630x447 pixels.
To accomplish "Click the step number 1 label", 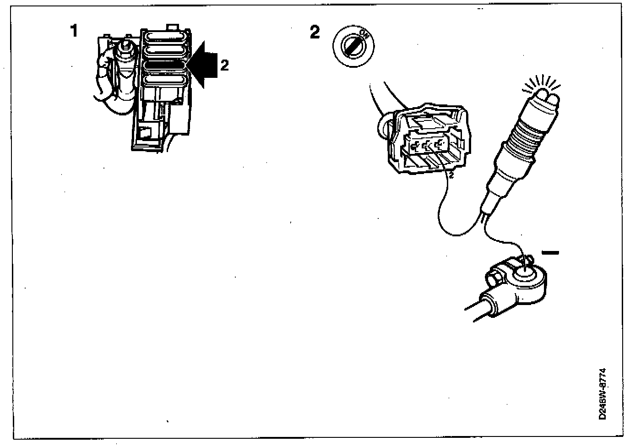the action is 74,31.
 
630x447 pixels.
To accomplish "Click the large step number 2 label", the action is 315,32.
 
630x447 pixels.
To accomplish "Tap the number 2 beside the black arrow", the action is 224,65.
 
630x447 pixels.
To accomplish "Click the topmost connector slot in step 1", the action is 166,37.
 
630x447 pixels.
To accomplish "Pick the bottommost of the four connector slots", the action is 166,81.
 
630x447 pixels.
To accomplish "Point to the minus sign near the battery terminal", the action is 550,252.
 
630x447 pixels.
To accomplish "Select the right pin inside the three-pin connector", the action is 440,146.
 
